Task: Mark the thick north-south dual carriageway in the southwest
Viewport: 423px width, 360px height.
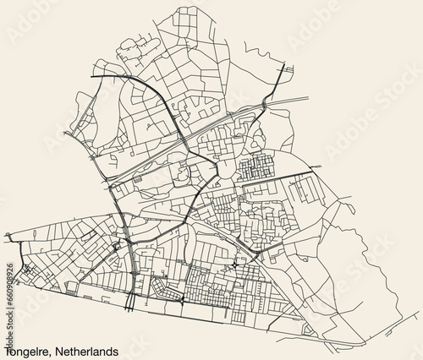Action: tap(126, 254)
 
